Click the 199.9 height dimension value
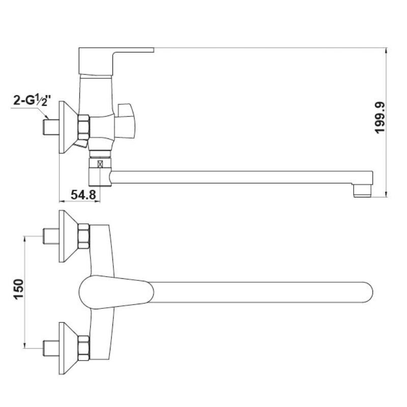pos(380,118)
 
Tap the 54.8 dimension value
pos(83,194)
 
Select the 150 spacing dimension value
pos(19,289)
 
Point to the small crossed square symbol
pos(100,164)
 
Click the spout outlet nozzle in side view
pos(363,191)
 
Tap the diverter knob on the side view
pos(126,120)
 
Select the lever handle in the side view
pos(116,61)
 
